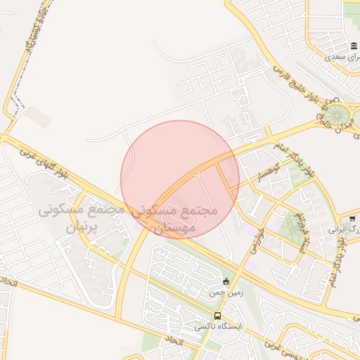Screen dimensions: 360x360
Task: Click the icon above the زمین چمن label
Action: pyautogui.click(x=225, y=281)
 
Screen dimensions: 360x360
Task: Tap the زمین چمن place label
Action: pyautogui.click(x=219, y=292)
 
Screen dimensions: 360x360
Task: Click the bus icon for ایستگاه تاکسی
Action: pyautogui.click(x=217, y=316)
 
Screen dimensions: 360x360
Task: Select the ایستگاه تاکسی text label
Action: pyautogui.click(x=217, y=327)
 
